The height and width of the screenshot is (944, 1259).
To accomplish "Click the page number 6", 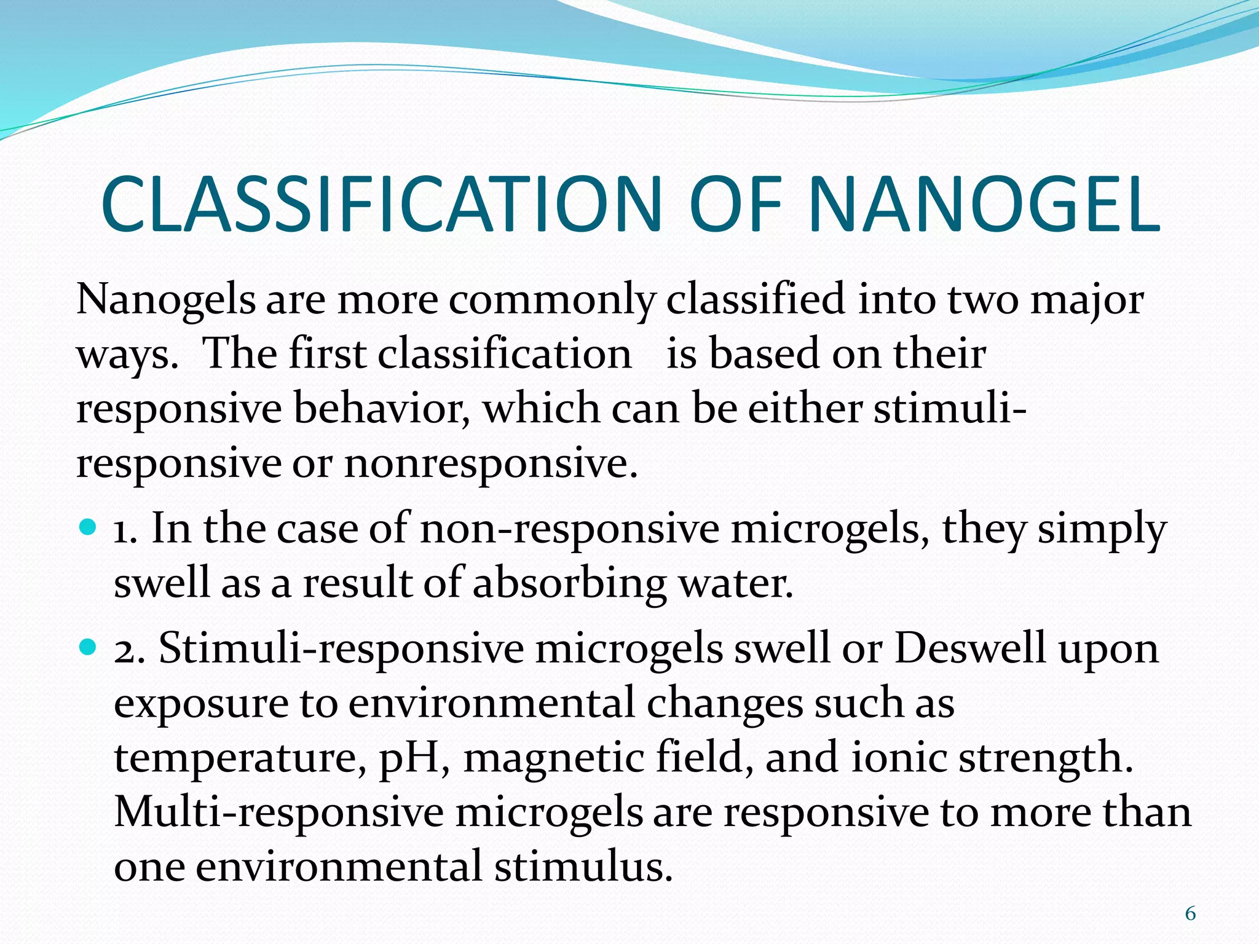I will [1190, 914].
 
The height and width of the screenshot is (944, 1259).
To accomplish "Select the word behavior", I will [381, 409].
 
